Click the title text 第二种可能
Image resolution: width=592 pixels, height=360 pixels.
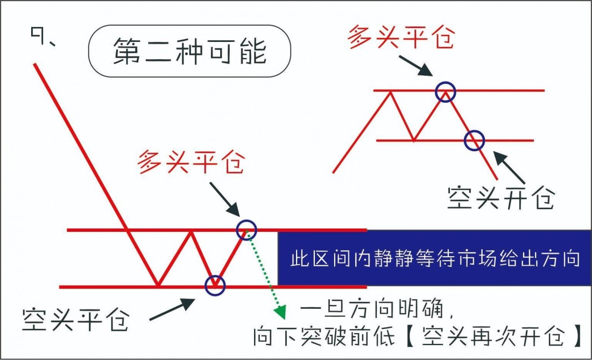(189, 51)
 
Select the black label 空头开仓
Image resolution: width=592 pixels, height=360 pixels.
(501, 197)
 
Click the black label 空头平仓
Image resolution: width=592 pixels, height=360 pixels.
(76, 320)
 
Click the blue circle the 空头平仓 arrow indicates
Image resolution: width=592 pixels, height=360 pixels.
(215, 285)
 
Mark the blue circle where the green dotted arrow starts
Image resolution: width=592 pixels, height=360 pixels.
(246, 229)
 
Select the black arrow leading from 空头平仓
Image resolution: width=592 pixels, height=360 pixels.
(172, 309)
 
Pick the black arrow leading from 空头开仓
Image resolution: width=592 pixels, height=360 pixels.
(509, 167)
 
